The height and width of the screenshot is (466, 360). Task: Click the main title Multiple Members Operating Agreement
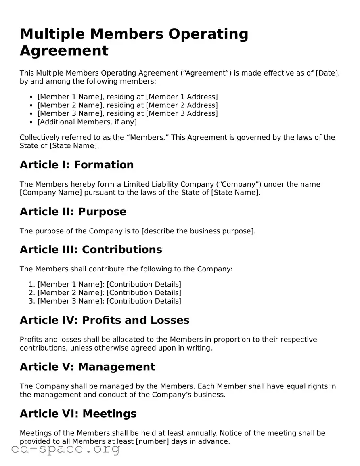134,42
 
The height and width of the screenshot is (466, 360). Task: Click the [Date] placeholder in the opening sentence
327,73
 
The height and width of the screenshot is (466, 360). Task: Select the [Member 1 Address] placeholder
182,97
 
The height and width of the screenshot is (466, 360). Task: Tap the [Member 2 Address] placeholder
182,105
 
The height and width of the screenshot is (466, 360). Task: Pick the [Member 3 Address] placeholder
182,114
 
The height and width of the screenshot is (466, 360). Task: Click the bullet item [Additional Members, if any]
87,122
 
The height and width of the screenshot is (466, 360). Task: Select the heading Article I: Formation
77,165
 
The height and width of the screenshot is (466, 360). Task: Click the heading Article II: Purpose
73,212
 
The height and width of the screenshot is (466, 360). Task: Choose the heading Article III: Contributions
91,250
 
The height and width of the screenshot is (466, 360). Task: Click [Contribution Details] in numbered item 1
144,284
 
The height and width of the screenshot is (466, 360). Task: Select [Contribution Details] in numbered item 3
144,301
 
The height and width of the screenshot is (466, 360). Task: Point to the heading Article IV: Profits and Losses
105,320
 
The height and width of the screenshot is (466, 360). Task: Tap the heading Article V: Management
87,367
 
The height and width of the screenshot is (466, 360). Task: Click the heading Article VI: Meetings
78,414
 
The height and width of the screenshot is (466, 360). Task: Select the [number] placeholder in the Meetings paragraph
153,441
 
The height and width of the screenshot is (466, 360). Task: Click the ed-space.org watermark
65,449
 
